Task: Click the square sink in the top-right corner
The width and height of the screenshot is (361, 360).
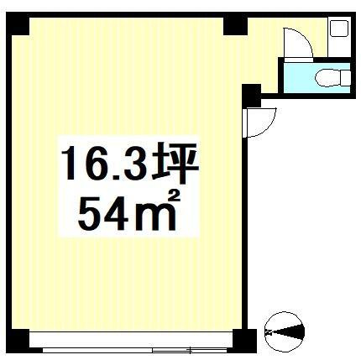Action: [x=340, y=29]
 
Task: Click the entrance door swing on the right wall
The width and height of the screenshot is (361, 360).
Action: [x=257, y=123]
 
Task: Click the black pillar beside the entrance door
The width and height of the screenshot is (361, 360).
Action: [x=250, y=96]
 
